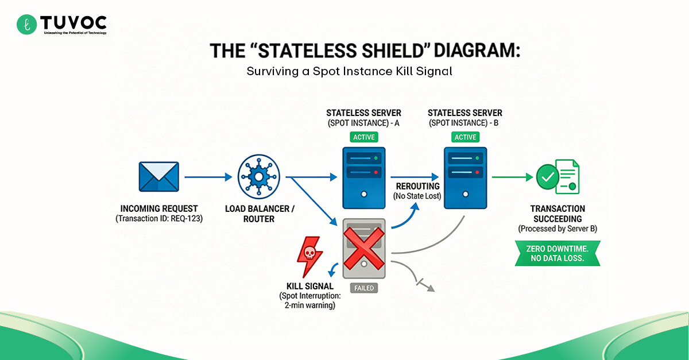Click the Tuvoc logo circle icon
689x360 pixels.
point(26,24)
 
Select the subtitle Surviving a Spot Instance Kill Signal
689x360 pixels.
point(350,72)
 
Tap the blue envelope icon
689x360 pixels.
point(159,176)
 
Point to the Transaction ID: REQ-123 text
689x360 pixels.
point(159,219)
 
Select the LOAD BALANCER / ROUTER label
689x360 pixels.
point(259,214)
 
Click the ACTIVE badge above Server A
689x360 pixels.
point(364,137)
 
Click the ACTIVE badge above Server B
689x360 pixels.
point(465,137)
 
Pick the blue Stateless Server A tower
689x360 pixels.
point(364,178)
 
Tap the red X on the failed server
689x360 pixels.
point(364,248)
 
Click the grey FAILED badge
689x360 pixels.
point(364,288)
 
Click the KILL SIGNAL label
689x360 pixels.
point(310,286)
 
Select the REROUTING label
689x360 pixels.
point(417,187)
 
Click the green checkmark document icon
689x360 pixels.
point(557,177)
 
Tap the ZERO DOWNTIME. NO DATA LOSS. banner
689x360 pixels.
point(557,253)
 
